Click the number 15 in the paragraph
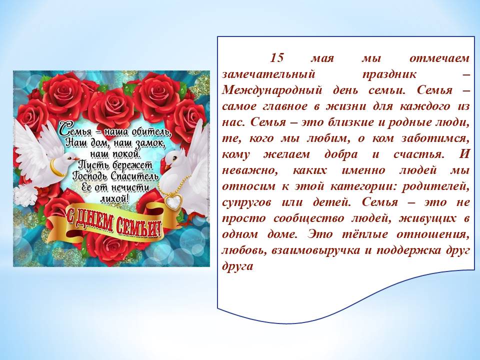pos(277,58)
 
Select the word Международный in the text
pos(272,90)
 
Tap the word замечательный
pos(268,74)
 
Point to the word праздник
pos(389,74)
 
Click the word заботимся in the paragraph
pos(435,138)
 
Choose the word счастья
pos(419,154)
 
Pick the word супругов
pos(246,202)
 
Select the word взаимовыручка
pos(315,250)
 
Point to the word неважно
pos(250,170)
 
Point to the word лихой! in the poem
pos(114,199)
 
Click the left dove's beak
pos(76,158)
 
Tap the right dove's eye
pos(175,158)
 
